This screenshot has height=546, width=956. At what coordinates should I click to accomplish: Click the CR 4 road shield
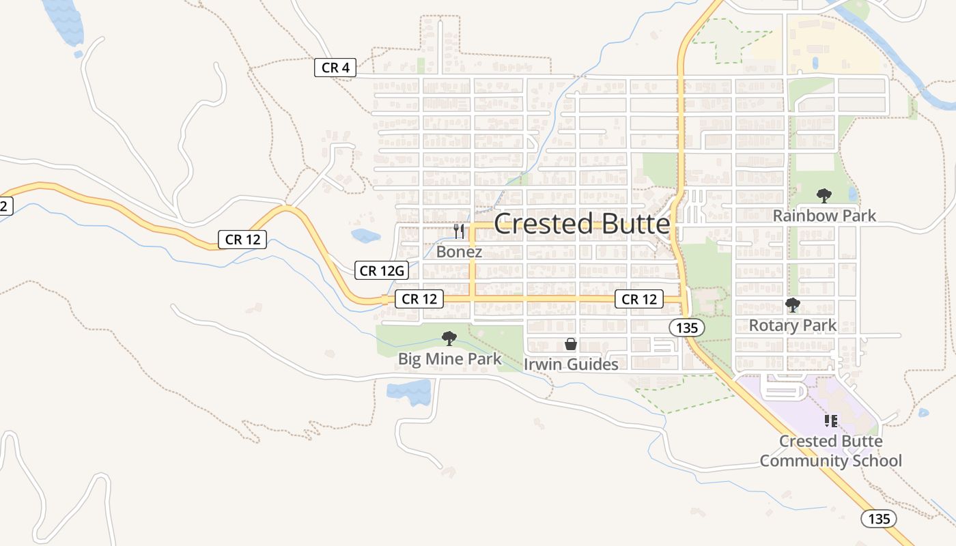pos(335,68)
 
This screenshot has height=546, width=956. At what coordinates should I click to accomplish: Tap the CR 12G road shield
pos(382,271)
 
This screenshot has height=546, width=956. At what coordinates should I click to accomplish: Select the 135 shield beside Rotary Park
pos(686,328)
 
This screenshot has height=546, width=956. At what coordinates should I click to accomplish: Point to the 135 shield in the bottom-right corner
pos(879,519)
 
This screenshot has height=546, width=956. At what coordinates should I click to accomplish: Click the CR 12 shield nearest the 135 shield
pos(638,299)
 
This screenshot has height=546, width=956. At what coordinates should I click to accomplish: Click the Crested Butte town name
pos(581,224)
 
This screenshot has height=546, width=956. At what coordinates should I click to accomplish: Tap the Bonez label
pos(459,252)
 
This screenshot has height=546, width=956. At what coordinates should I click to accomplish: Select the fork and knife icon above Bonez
pos(459,231)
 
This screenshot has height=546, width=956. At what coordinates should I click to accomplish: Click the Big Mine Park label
pos(449,359)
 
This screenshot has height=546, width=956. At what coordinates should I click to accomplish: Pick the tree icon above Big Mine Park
pos(449,338)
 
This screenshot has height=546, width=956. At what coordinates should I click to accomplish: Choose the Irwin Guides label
pos(571,364)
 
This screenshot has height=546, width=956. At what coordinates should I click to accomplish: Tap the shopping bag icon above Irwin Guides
pos(571,344)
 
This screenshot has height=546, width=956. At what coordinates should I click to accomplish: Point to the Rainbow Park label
pos(824,216)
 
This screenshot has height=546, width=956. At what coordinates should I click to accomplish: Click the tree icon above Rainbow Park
pos(824,196)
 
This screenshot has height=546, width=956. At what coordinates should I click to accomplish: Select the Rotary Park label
pos(792,326)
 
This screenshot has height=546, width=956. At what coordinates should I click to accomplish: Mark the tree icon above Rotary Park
pos(792,305)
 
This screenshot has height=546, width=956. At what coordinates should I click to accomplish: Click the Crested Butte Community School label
pos(830,451)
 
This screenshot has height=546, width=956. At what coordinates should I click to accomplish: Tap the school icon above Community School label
pos(831,420)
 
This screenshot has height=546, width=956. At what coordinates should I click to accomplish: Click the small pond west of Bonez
pos(365,236)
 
